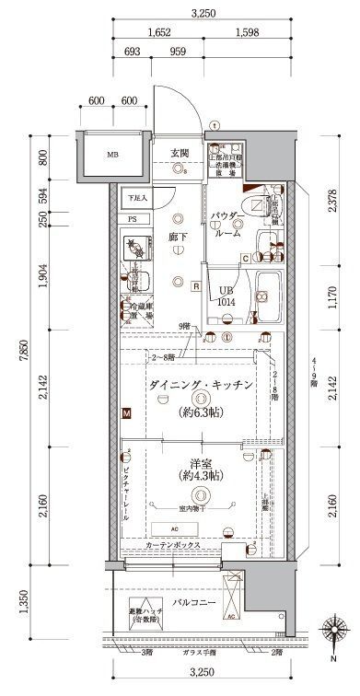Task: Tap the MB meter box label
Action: pyautogui.click(x=112, y=154)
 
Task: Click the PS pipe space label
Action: pyautogui.click(x=133, y=219)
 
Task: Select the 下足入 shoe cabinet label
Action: pyautogui.click(x=137, y=197)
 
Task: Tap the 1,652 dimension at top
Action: pyautogui.click(x=159, y=31)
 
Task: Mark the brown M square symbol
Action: pyautogui.click(x=124, y=415)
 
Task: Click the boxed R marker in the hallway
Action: pyautogui.click(x=196, y=285)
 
